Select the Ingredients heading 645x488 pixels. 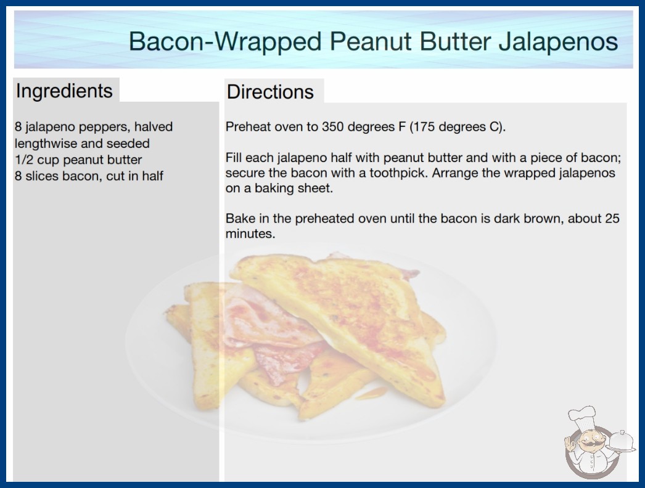(64, 91)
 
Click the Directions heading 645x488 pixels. (270, 92)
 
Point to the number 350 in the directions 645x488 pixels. (332, 127)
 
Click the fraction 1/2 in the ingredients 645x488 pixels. (24, 160)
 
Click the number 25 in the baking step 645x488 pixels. (612, 218)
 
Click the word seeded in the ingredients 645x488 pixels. (128, 144)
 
